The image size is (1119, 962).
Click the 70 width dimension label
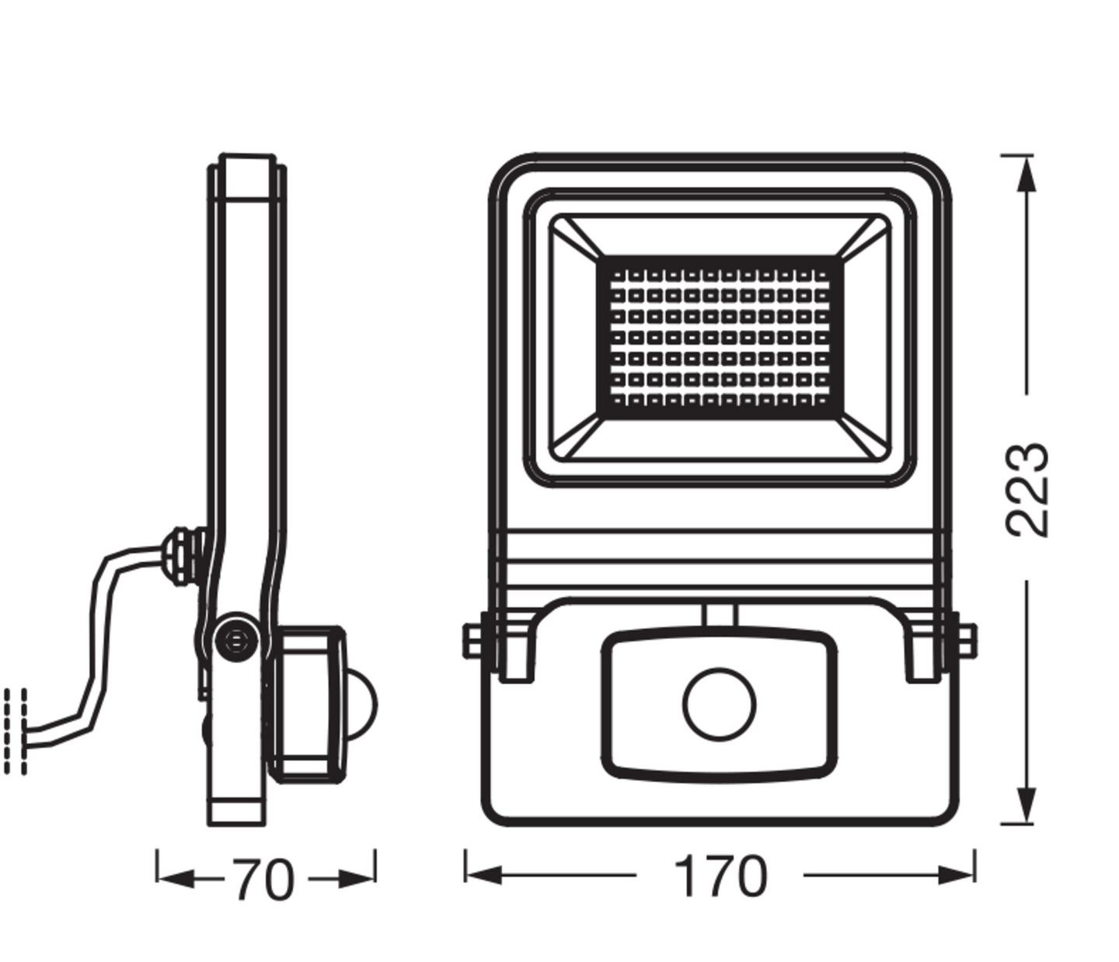point(264,880)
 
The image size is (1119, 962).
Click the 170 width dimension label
point(720,877)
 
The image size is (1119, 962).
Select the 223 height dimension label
point(1027,489)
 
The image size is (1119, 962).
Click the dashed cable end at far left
point(16,731)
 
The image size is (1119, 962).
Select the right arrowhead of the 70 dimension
point(358,879)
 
